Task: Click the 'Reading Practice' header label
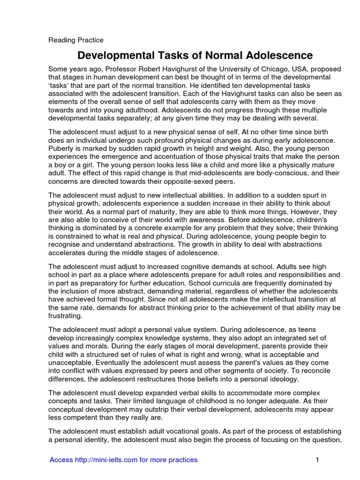[76, 40]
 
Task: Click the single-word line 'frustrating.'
[67, 316]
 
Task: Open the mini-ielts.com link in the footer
[124, 460]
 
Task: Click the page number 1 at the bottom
[317, 460]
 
